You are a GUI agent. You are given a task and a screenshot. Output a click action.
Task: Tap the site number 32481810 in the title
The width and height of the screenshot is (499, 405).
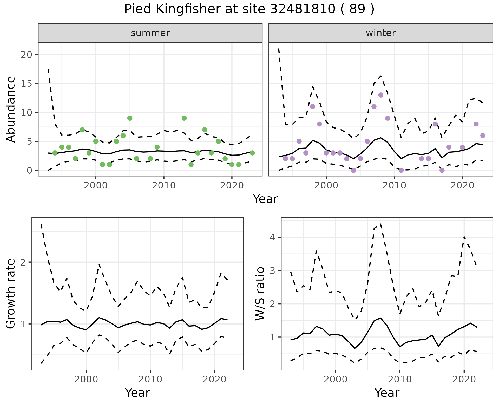(303, 9)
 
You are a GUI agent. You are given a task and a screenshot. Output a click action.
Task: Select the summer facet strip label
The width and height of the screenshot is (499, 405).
(150, 33)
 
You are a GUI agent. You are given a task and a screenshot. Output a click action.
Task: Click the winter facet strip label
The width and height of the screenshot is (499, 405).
(380, 33)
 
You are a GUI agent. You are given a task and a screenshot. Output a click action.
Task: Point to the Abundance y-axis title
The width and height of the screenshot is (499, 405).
(11, 109)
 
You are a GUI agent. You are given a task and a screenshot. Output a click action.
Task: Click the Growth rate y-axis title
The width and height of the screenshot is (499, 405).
(11, 294)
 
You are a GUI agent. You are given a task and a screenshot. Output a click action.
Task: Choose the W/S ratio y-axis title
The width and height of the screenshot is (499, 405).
(260, 294)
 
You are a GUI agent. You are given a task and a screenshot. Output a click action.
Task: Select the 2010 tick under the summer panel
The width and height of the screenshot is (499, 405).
(164, 185)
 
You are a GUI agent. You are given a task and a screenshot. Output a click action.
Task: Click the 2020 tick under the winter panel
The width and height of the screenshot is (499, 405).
(462, 185)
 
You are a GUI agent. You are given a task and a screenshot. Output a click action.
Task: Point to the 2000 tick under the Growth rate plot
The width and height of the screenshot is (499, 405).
(86, 379)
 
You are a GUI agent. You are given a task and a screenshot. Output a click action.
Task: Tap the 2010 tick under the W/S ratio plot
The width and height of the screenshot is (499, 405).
(400, 379)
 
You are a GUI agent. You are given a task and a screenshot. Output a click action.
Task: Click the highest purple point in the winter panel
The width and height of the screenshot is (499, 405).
(381, 95)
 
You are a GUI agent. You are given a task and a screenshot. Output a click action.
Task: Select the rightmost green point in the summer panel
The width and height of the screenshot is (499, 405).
(252, 153)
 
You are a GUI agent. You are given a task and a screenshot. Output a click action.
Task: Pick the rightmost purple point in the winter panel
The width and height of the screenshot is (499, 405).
(483, 136)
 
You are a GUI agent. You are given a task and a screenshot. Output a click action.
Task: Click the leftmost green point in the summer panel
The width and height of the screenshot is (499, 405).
(55, 153)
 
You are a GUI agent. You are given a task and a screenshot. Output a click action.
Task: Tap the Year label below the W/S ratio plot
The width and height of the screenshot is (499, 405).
(387, 393)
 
